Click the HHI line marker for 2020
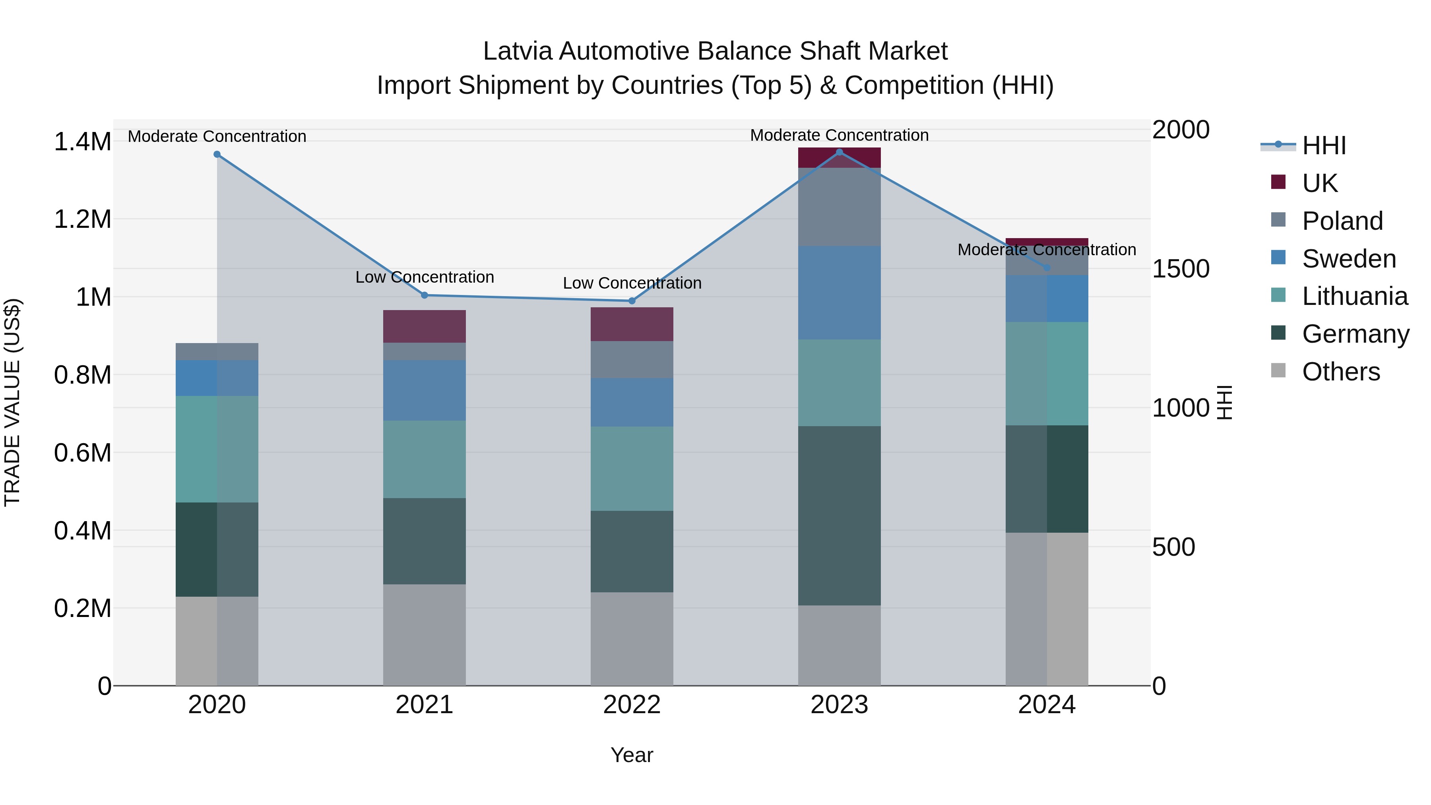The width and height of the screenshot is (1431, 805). pyautogui.click(x=217, y=155)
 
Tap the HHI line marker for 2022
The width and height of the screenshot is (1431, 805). pyautogui.click(x=632, y=301)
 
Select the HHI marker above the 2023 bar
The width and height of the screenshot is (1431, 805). pyautogui.click(x=840, y=152)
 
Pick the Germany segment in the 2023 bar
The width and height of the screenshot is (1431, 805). pyautogui.click(x=840, y=516)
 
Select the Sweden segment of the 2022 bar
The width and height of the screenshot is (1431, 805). pyautogui.click(x=632, y=402)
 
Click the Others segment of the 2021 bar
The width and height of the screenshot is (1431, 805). pyautogui.click(x=425, y=634)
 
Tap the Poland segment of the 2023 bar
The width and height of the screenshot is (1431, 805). pyautogui.click(x=840, y=207)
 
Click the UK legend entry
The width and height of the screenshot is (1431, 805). pyautogui.click(x=1319, y=183)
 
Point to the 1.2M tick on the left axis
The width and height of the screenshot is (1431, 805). pyautogui.click(x=82, y=219)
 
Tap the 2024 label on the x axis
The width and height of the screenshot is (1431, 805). pyautogui.click(x=1047, y=705)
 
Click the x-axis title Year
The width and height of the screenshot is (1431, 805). pyautogui.click(x=632, y=755)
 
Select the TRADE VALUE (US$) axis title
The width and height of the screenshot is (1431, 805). pyautogui.click(x=12, y=402)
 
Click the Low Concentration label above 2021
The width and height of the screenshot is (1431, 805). pyautogui.click(x=425, y=277)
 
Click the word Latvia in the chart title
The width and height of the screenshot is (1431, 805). pyautogui.click(x=518, y=51)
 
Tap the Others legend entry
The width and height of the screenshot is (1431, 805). pyautogui.click(x=1340, y=372)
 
